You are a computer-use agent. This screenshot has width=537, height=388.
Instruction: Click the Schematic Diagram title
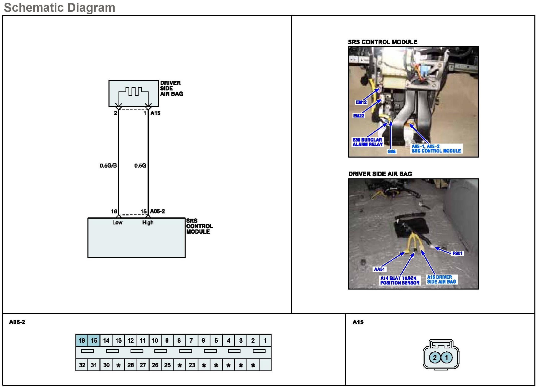point(60,8)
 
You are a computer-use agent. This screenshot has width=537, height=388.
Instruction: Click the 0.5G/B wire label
point(108,166)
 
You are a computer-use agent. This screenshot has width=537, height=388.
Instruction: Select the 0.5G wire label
point(140,166)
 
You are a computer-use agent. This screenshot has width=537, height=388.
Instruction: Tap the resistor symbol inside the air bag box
point(133,92)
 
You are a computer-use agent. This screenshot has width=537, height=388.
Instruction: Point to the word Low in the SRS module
point(117,223)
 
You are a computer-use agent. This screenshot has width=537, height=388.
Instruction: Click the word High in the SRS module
point(148,223)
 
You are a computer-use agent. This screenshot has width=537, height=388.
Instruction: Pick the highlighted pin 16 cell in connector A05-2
point(82,341)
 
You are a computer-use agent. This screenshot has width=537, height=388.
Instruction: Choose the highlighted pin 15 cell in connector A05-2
point(94,341)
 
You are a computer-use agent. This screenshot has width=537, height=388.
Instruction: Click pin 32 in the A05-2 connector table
point(82,365)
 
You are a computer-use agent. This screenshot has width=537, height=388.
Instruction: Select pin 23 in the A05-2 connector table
point(192,365)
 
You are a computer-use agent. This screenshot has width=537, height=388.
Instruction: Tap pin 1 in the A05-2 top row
point(265,341)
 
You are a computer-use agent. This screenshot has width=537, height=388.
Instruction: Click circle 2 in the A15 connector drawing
point(435,357)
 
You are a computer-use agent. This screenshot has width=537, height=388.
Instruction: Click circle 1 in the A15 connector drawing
point(446,357)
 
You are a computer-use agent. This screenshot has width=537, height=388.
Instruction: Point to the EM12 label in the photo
point(361,102)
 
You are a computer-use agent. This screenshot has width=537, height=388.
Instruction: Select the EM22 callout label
point(359,116)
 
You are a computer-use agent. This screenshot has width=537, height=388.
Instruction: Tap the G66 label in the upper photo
point(392,151)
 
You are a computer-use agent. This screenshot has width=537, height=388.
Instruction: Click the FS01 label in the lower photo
point(457,253)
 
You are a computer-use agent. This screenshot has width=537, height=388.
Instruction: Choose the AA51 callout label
point(379,269)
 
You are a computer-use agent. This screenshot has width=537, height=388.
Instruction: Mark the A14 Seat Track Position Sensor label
point(400,280)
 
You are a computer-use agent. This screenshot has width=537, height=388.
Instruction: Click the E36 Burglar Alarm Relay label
point(368,142)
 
